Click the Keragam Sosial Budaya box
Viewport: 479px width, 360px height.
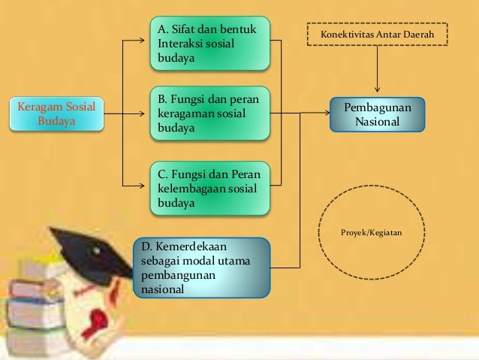click(57, 113)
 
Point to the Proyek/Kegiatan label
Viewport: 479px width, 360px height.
click(371, 234)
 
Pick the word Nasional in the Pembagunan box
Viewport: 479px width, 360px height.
click(377, 121)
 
